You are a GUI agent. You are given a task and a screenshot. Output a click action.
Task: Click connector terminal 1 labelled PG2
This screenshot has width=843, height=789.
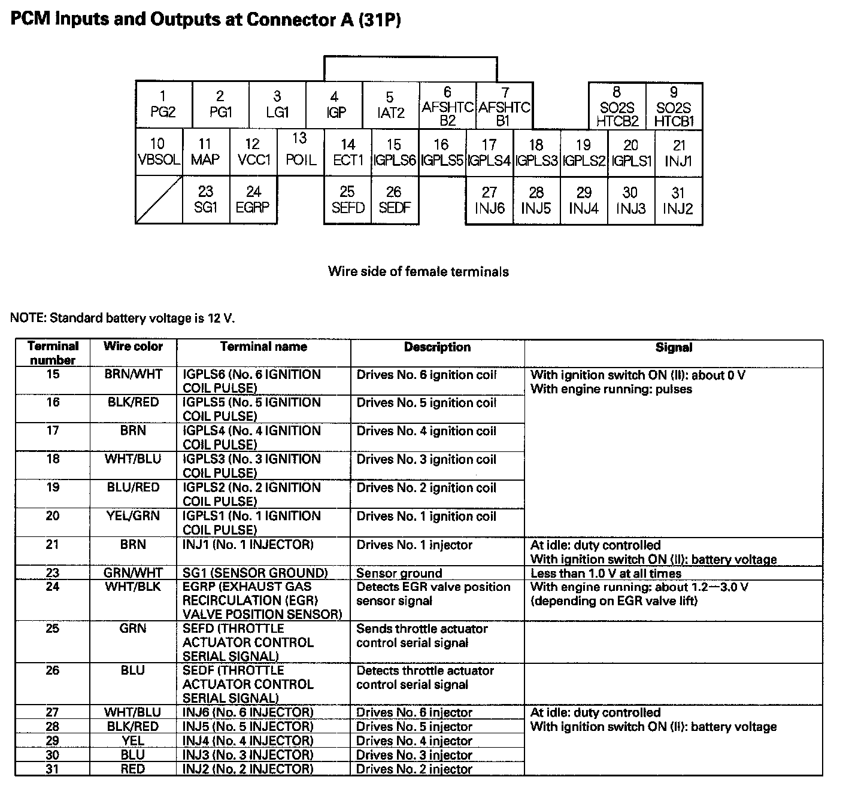point(163,104)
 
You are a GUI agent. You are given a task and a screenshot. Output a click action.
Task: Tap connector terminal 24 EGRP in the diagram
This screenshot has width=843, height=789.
point(253,199)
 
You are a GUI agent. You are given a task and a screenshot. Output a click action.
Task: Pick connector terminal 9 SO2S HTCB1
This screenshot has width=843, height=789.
point(674,107)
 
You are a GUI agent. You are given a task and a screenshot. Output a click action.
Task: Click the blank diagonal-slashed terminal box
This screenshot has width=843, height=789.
point(159,200)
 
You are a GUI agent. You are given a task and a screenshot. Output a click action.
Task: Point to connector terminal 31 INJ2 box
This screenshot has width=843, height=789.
point(678,201)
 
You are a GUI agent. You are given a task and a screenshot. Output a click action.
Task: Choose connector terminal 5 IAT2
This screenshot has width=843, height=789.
point(390,105)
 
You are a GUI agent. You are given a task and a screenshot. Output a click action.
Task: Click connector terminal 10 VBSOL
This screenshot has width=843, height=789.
point(159,152)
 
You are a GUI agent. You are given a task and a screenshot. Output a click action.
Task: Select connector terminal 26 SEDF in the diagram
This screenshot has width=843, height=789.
point(394,200)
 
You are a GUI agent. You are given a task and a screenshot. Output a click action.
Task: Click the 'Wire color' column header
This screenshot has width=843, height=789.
point(133,347)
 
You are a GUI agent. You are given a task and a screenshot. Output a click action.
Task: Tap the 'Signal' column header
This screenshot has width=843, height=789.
point(674,347)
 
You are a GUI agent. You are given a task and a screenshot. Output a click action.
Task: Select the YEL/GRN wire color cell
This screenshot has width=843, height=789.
point(133,516)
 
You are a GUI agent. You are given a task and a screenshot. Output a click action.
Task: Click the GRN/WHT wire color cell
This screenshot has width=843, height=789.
point(133,573)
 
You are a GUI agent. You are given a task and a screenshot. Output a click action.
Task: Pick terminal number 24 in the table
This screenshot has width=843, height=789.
point(53,587)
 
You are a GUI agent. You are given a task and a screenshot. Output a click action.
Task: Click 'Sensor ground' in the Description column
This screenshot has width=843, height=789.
point(399,573)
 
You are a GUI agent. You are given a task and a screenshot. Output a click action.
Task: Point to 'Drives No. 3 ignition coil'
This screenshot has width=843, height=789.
point(426,460)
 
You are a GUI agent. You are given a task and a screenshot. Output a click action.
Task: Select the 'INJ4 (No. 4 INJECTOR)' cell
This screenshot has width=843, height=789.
point(248,741)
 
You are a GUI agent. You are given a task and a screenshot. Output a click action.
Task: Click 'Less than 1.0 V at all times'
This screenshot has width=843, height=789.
point(606,573)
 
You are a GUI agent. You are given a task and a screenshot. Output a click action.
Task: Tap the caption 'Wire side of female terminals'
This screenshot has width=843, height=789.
point(418,272)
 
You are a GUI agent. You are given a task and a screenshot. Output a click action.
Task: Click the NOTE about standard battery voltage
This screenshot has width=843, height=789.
point(123,318)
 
